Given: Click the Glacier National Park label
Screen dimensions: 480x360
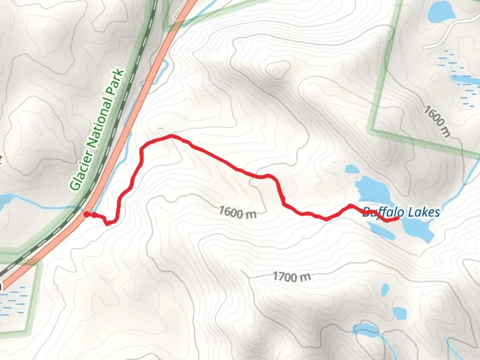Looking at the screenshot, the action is pos(97,130).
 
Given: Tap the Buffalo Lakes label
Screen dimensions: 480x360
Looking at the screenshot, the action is pos(401,212).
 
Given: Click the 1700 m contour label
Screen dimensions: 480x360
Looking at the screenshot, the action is pos(292,277).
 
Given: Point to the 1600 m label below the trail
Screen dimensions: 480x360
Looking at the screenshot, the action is pos(238,212).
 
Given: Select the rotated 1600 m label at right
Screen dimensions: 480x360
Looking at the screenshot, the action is pos(437,121).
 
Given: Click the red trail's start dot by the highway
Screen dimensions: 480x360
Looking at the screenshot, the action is pos(86,214).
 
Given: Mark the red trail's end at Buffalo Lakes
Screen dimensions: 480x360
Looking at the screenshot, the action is pos(397,218).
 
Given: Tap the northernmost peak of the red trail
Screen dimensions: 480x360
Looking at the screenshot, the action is pos(170,136).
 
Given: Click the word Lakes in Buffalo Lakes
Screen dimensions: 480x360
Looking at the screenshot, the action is pos(424,212).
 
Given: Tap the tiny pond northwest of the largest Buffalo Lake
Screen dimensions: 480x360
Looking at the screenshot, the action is pos(351,169).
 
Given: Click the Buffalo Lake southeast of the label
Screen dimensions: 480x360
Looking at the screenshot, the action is pos(419,230).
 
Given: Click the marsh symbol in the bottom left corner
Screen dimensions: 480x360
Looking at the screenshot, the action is pos(13,302).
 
